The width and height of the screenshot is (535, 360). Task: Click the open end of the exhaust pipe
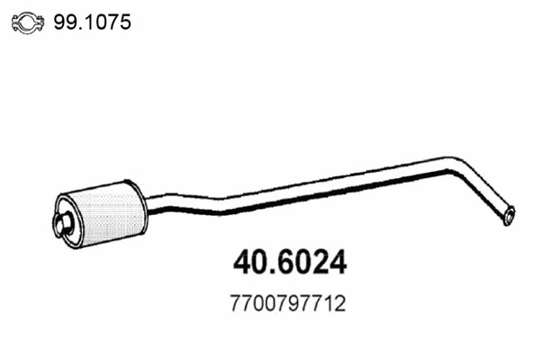[510, 216]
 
